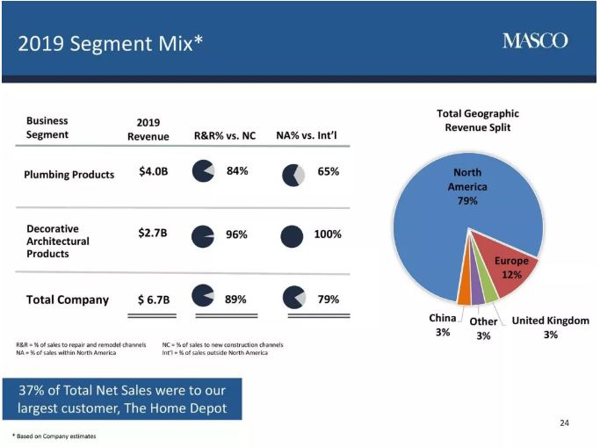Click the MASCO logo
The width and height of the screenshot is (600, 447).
[x=535, y=40]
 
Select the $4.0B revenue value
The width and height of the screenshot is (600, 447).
[x=153, y=170]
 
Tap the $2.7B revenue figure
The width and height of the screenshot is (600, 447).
[x=153, y=234]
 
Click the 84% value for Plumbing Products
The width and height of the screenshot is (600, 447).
[x=237, y=170]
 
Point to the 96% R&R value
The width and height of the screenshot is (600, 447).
[x=237, y=234]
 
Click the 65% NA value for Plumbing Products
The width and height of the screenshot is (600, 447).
[x=329, y=171]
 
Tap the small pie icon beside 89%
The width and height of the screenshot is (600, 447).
[x=203, y=297]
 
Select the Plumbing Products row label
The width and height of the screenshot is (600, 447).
[x=69, y=174]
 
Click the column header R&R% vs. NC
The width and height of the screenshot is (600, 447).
[x=225, y=136]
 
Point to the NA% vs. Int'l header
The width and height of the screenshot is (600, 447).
[x=307, y=136]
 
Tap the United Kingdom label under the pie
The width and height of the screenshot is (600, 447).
[x=550, y=321]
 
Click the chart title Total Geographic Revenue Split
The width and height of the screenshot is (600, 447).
[x=478, y=120]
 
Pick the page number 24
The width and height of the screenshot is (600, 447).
[x=564, y=423]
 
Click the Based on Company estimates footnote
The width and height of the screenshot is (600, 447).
[x=54, y=436]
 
